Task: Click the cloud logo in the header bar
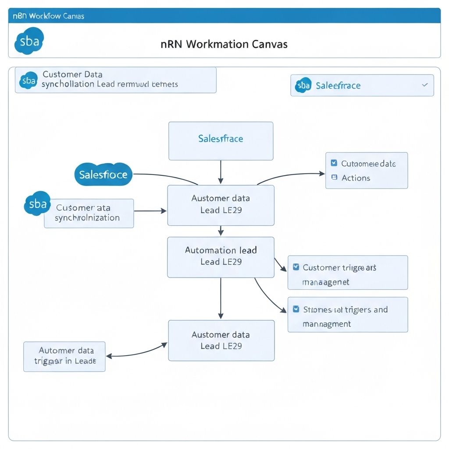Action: tap(29, 41)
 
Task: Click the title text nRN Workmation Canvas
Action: tap(224, 44)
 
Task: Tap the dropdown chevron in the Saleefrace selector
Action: tap(424, 85)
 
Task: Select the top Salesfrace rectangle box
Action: tap(221, 141)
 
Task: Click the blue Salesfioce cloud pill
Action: tap(103, 175)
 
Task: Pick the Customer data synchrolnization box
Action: tap(89, 213)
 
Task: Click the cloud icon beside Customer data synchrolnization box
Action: tap(37, 204)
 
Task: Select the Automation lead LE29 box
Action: tap(221, 257)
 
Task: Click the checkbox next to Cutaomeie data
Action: tap(334, 164)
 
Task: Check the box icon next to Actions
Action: tap(334, 178)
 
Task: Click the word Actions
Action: tap(356, 178)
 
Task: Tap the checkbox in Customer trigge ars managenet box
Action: tap(296, 267)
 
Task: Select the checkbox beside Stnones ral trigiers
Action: tap(296, 310)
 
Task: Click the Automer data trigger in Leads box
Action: tap(64, 356)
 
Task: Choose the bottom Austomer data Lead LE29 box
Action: tap(221, 340)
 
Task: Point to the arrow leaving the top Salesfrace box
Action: tap(221, 172)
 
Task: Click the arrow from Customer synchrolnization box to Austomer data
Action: tap(150, 211)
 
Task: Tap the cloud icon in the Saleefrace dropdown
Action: tap(303, 85)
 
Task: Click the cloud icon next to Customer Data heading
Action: tap(29, 80)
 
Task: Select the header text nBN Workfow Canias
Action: tap(48, 16)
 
